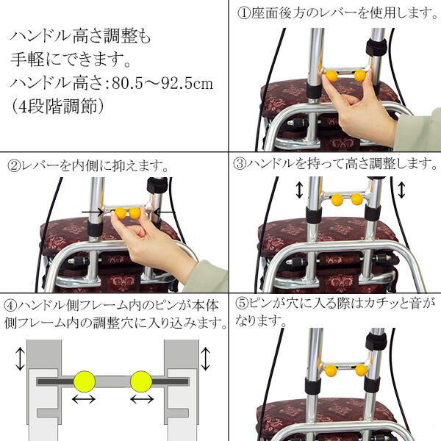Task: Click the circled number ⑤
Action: tap(240, 303)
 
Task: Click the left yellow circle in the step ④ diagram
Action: tap(85, 381)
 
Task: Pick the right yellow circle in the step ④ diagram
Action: tap(141, 381)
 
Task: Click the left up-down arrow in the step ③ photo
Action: tap(299, 191)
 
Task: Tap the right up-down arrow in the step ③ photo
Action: tap(401, 191)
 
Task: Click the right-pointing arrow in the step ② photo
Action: tap(93, 212)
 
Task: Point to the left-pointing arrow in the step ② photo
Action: tap(165, 212)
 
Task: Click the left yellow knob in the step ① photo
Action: tap(332, 75)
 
